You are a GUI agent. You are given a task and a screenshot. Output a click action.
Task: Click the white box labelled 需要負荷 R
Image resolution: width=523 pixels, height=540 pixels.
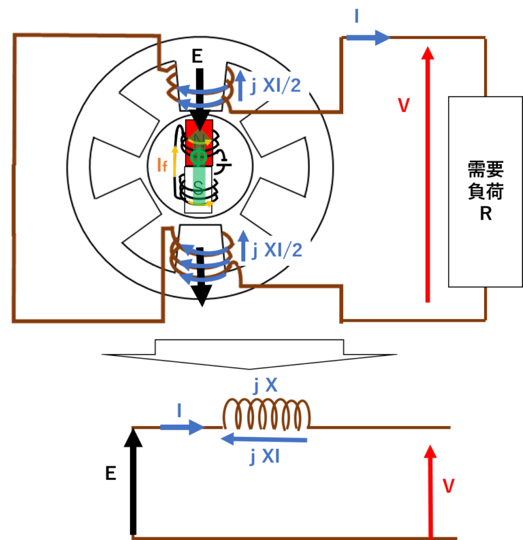point(486,191)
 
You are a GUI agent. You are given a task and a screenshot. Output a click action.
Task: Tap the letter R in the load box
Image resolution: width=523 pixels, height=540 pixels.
point(486,213)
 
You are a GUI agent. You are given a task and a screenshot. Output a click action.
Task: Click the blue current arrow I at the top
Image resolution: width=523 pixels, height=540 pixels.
point(368,37)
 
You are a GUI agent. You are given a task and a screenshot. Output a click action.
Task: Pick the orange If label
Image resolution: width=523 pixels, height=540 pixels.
point(161,164)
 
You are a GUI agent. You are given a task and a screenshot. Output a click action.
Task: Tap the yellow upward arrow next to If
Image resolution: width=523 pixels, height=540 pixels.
point(175,161)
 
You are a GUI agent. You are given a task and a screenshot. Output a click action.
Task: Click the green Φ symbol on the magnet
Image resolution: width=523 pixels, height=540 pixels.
point(198,157)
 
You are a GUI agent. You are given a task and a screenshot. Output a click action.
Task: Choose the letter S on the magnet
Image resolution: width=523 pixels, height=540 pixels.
point(198,186)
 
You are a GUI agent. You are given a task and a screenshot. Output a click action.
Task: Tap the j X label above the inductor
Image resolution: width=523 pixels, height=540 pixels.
point(265,386)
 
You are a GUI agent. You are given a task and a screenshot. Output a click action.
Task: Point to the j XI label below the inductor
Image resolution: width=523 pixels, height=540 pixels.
point(264,456)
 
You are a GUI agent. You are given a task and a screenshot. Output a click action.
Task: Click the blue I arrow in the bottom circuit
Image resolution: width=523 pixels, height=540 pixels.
point(181,427)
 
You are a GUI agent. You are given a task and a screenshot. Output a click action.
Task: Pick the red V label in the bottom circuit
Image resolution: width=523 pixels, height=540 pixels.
point(448,485)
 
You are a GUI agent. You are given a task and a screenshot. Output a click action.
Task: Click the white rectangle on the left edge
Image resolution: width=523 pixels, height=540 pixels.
point(32,199)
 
